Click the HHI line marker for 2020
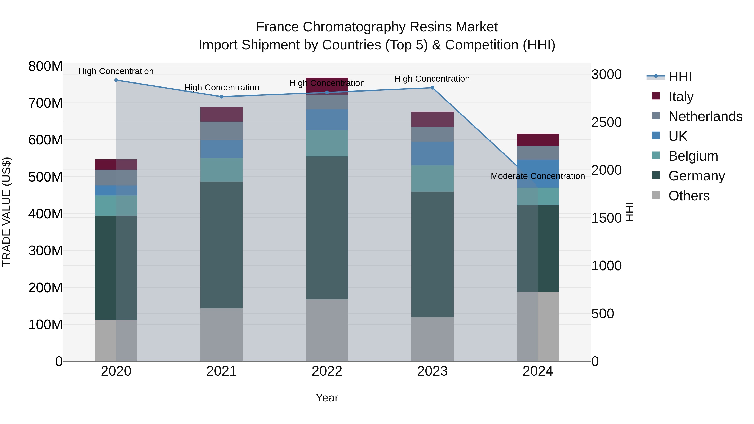tap(116, 80)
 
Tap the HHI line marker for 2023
tap(432, 88)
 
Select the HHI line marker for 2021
tap(222, 97)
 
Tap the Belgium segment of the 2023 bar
tap(432, 178)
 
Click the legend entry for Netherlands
tap(705, 116)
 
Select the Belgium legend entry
tap(693, 156)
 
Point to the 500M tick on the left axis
tap(45, 177)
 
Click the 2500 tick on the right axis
tap(607, 122)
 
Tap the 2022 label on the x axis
tap(327, 371)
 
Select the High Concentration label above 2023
tap(432, 79)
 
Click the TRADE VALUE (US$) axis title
tap(7, 212)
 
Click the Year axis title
tap(327, 398)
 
